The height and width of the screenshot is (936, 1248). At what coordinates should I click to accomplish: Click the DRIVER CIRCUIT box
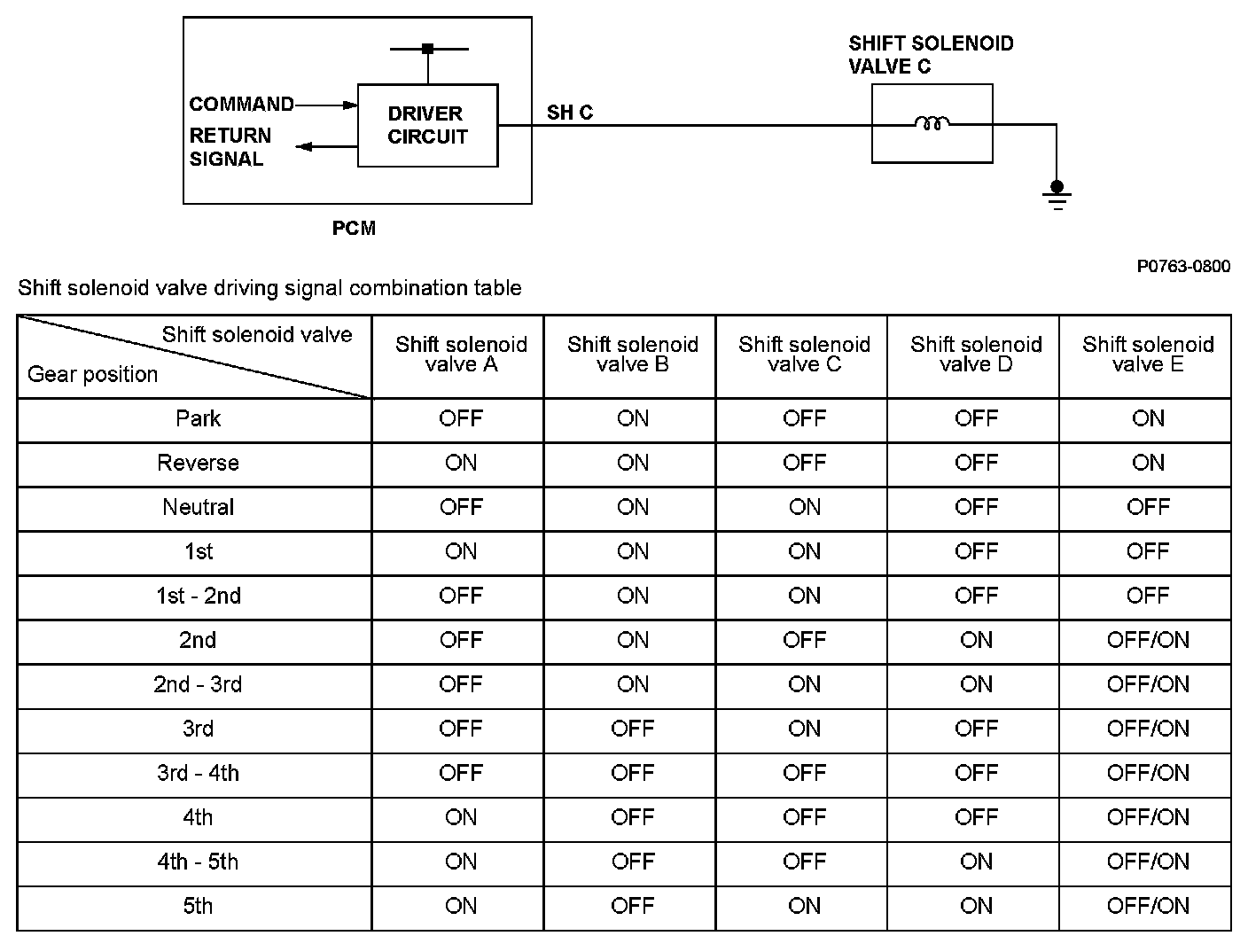coord(427,125)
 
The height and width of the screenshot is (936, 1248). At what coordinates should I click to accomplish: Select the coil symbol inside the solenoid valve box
coord(932,124)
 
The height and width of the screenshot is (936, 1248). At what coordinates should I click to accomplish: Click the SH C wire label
coord(569,113)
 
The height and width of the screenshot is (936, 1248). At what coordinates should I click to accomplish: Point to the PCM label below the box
coord(354,229)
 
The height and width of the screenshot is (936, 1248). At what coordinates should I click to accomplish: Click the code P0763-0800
coord(1183,267)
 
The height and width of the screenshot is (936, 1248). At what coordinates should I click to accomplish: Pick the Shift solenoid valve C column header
coord(804,355)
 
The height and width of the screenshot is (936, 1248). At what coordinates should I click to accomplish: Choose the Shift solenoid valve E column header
coord(1147,355)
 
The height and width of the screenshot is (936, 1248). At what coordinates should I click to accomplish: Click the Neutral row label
coord(198,508)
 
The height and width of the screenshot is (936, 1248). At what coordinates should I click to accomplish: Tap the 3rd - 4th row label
coord(198,774)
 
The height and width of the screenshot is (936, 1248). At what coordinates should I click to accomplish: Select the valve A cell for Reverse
coord(461,464)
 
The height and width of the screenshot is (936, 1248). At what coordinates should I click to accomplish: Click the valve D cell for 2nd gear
coord(976,641)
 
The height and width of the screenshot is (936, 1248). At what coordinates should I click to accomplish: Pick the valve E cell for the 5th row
coord(1147,907)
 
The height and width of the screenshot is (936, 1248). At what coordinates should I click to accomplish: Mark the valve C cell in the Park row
coord(804,419)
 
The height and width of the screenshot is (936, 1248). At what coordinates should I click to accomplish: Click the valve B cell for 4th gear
coord(632,818)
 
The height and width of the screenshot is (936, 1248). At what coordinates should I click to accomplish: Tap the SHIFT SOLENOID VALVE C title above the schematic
coord(930,55)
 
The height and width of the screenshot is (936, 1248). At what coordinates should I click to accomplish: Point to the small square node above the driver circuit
coord(427,49)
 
